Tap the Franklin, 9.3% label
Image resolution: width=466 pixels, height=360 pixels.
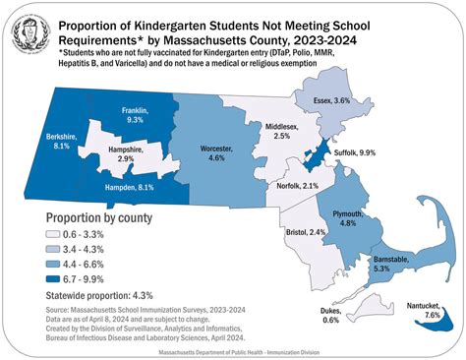[x=125, y=116]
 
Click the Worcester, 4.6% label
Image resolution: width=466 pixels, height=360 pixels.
[x=215, y=153]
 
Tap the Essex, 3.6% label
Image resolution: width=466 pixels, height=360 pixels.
[x=355, y=101]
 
